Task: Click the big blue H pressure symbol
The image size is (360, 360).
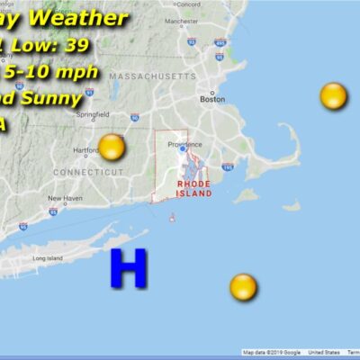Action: [128, 268]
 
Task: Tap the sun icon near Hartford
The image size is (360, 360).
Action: [111, 147]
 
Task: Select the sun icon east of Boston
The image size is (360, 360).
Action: [333, 95]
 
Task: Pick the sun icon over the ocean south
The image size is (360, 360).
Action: [243, 288]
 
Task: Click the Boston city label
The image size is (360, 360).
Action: [211, 100]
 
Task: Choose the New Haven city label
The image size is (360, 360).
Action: [65, 198]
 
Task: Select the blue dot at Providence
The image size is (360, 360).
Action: [182, 149]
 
